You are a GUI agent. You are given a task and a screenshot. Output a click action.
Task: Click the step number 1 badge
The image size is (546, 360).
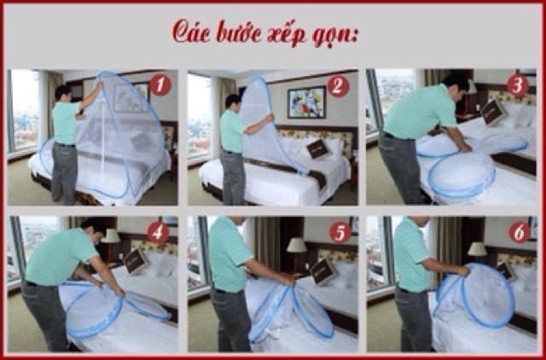tap(160, 85)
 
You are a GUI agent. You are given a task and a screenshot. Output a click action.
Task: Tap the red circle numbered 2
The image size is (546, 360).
tap(338, 86)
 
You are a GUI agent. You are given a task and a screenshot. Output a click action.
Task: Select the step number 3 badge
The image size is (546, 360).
tap(518, 85)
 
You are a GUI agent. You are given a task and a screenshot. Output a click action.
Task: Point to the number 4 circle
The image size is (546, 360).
tap(158, 232)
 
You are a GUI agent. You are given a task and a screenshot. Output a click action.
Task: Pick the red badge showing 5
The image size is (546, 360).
tap(340, 232)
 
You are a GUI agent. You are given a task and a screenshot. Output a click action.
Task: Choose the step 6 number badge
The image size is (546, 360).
tap(520, 232)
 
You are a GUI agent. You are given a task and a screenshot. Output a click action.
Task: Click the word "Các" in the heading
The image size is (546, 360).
tap(191, 32)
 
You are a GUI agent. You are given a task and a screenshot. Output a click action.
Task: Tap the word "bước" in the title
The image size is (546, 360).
tap(239, 32)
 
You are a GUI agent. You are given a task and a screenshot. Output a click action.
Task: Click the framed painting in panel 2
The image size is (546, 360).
tap(306, 102)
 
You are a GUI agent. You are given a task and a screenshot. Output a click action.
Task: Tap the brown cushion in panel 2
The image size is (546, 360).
tap(318, 149)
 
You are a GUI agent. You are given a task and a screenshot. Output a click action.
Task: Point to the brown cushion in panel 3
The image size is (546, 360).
tap(493, 112)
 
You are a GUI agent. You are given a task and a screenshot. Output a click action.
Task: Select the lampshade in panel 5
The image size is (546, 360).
tap(296, 245)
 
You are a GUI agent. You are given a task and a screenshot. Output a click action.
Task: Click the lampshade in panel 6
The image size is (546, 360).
tap(477, 249)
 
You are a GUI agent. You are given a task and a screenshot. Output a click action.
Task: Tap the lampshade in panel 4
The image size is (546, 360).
tap(111, 236)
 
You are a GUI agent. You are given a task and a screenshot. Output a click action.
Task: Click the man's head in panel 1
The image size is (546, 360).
tap(63, 93)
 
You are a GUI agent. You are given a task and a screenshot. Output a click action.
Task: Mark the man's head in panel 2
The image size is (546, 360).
tap(233, 102)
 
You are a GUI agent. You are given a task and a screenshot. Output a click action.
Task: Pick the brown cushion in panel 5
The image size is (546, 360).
tap(324, 271)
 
